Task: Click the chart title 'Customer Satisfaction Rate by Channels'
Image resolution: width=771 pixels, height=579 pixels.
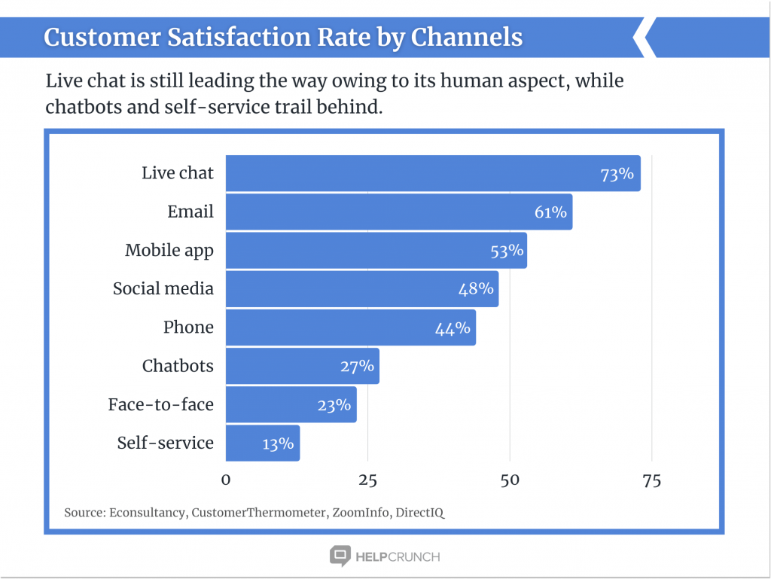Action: click(283, 37)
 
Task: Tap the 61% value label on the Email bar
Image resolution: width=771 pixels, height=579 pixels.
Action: click(550, 212)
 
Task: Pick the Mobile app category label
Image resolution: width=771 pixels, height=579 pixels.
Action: click(169, 251)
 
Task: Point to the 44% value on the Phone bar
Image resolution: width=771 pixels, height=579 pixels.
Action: click(453, 328)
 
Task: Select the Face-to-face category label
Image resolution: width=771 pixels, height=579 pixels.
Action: click(160, 405)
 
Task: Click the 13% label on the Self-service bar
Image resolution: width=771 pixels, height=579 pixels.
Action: click(278, 443)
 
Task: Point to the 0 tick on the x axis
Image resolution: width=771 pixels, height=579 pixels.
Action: click(226, 480)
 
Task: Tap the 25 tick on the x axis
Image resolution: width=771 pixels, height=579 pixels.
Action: click(367, 480)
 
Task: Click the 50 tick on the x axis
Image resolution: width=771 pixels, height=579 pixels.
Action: click(510, 480)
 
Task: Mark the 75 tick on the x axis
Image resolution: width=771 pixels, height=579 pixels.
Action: click(651, 480)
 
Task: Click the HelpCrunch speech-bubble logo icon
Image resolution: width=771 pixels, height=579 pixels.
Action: click(340, 556)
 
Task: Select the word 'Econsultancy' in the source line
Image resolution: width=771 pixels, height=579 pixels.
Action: click(147, 513)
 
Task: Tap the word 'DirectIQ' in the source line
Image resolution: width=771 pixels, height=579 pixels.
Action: click(419, 513)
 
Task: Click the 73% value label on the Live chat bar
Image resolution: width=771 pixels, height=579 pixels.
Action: click(617, 174)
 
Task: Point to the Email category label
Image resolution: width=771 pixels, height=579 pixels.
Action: click(190, 212)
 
